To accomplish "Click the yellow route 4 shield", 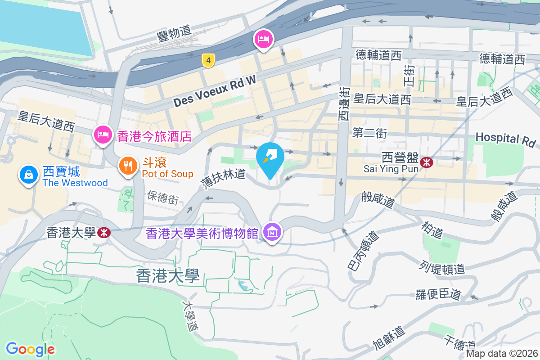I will tap(207, 60).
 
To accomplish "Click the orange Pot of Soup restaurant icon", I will tap(128, 166).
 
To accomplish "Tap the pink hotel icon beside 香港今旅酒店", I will tap(103, 135).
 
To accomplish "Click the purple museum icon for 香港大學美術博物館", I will tap(272, 233).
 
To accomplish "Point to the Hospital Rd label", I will tap(506, 139).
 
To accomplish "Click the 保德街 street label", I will tap(163, 198).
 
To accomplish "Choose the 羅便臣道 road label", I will tap(438, 294).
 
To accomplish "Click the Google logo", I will tap(30, 349).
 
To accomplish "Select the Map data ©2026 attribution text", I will tap(502, 353).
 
